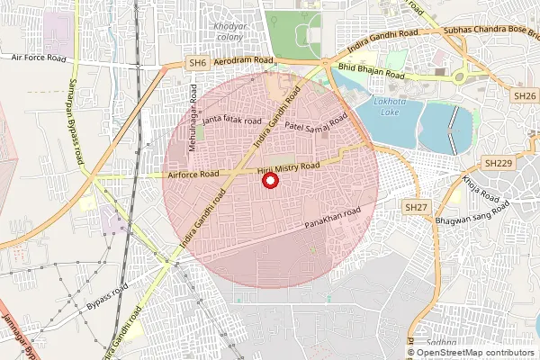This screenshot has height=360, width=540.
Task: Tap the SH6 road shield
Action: [198, 63]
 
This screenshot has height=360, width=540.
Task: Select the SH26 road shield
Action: [524, 95]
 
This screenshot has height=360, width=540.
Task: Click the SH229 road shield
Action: [498, 163]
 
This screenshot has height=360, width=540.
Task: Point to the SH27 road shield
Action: [415, 207]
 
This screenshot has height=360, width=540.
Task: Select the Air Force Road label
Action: [40, 57]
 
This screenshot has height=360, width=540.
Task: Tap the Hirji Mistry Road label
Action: [289, 167]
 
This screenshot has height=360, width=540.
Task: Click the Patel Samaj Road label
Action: [316, 127]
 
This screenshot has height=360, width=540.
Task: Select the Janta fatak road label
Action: [232, 120]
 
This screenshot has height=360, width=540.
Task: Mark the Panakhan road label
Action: [332, 217]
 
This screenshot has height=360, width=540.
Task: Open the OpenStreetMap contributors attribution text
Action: [472, 352]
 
